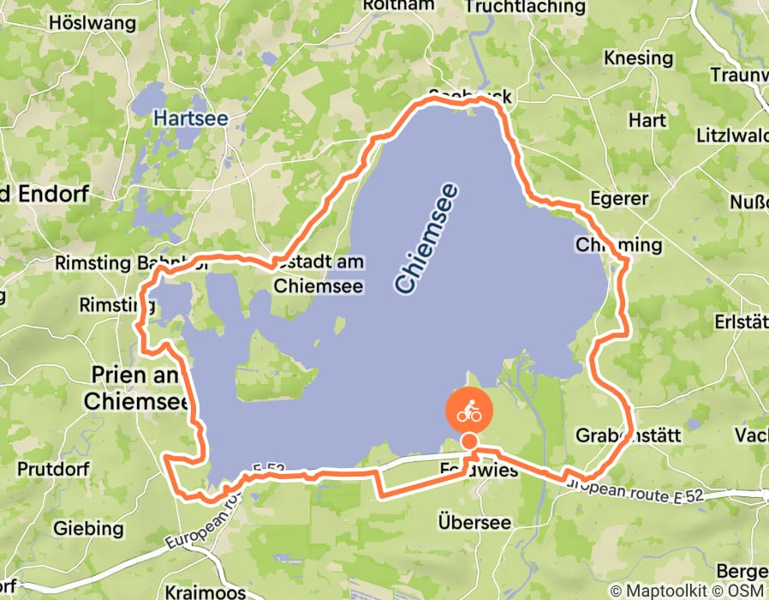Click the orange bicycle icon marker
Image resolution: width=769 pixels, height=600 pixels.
[468, 411]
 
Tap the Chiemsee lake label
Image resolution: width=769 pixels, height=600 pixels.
[426, 238]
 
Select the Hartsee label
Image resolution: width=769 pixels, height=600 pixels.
[191, 117]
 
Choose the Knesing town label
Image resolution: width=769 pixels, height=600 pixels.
[638, 58]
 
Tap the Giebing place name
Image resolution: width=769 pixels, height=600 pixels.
[88, 528]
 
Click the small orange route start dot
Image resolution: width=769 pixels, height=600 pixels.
[469, 441]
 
